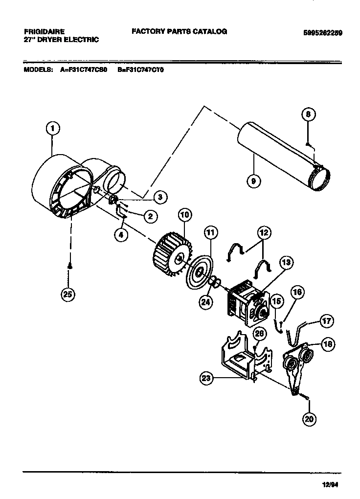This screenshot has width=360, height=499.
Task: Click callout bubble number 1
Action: coord(53,129)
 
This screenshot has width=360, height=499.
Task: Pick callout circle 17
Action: coord(326,321)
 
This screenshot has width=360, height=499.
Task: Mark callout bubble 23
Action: coord(207,377)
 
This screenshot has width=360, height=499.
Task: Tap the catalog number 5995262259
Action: coord(322,33)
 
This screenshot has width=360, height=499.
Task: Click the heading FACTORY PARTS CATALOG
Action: coord(179,31)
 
